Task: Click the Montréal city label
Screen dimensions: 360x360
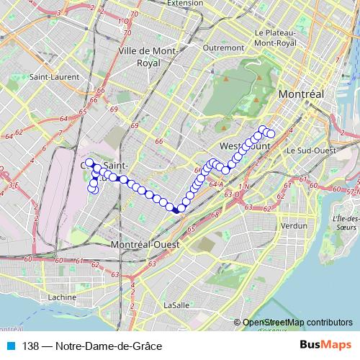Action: click(x=301, y=95)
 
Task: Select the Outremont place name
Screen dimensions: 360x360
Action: click(x=223, y=48)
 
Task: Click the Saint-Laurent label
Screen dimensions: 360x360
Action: click(x=49, y=76)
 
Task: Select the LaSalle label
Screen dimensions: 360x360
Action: click(x=176, y=305)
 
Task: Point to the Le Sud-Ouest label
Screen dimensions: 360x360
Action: click(x=312, y=150)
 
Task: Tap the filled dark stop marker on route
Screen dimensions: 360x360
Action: click(x=176, y=210)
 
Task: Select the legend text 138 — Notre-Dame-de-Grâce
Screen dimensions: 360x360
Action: click(x=91, y=346)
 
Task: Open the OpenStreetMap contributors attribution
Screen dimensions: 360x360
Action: click(x=297, y=323)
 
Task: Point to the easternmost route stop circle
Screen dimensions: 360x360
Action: click(x=271, y=133)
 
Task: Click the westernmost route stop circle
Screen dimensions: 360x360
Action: click(x=88, y=163)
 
